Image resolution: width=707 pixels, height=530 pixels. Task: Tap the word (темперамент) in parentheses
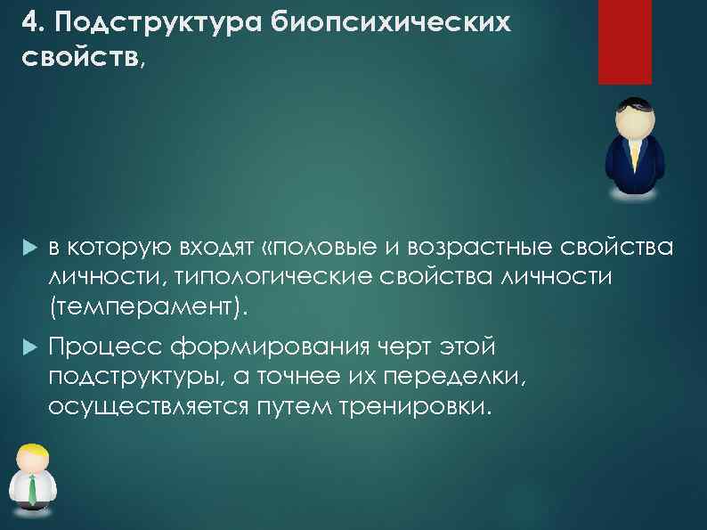(x=145, y=307)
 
